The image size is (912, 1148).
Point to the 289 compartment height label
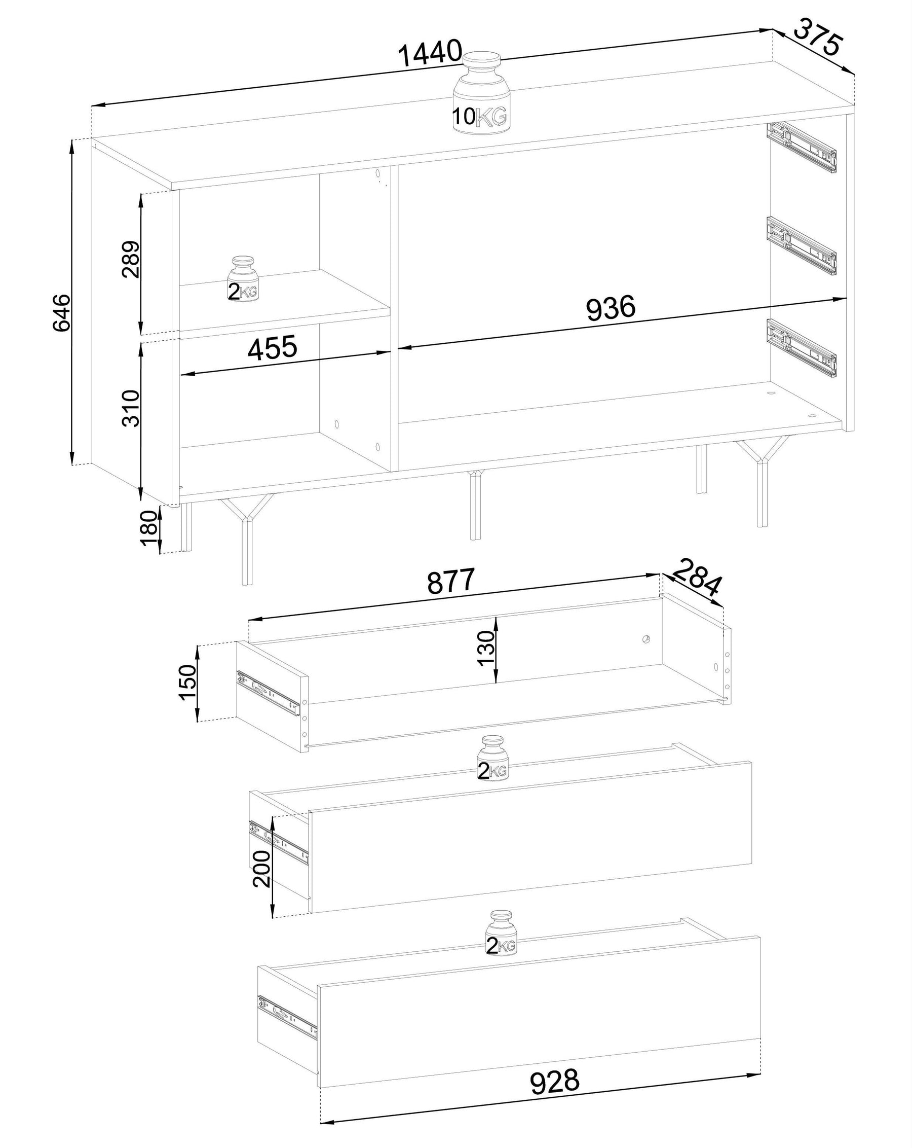click(x=131, y=259)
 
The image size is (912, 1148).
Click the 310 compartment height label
click(x=131, y=408)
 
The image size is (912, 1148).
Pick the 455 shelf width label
click(x=273, y=348)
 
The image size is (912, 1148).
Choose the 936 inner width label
click(x=611, y=308)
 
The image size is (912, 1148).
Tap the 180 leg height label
click(x=149, y=528)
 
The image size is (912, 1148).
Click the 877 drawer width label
click(x=450, y=581)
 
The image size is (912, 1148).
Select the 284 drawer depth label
click(x=696, y=577)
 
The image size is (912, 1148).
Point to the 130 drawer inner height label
click(x=486, y=648)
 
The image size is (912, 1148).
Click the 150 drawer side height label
click(x=188, y=683)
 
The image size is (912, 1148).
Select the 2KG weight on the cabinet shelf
click(x=243, y=279)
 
